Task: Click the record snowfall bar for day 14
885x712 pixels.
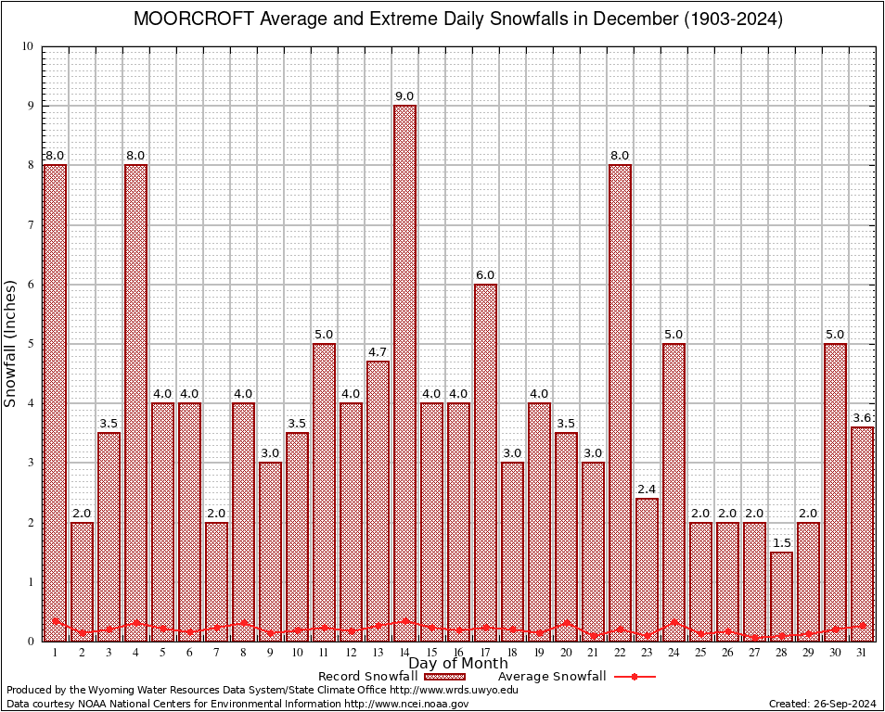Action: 404,371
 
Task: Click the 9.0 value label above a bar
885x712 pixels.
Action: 404,96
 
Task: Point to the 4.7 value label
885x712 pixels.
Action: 378,352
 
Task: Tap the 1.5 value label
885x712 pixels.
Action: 781,543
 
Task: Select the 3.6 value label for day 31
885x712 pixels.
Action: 862,418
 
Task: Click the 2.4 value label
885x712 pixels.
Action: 647,489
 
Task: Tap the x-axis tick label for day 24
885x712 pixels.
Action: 673,654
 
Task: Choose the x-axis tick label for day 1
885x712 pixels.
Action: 55,654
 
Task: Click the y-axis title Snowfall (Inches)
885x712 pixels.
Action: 11,343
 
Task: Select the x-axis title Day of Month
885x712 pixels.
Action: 457,664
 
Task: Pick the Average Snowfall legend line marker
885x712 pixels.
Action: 634,677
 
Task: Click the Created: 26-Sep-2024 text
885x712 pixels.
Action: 822,704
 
